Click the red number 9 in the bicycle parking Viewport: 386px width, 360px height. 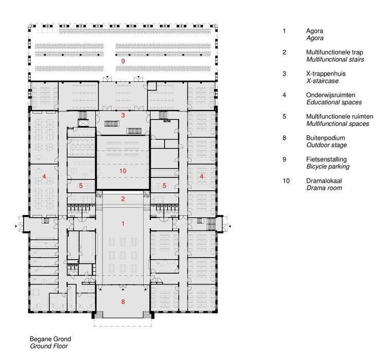pos(122,61)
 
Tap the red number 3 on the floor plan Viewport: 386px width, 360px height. pos(122,115)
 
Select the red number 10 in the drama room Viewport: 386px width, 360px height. pos(122,170)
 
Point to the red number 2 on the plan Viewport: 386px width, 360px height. pos(122,199)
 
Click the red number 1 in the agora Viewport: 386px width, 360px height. pos(122,223)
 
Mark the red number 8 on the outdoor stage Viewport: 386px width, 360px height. pos(122,302)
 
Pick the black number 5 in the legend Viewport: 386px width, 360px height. pos(284,117)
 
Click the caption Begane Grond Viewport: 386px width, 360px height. pos(50,339)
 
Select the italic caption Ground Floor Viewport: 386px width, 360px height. pos(48,347)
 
